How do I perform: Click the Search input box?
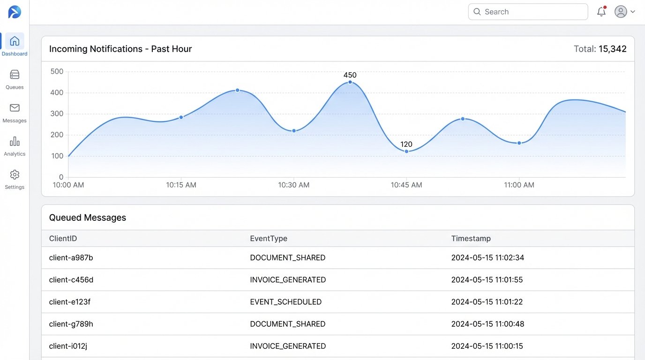528,12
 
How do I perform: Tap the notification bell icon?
601,12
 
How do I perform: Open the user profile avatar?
621,12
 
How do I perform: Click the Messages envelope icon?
15,108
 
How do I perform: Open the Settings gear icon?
15,175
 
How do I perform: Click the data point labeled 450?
350,82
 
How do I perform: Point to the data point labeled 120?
406,151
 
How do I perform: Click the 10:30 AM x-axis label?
294,185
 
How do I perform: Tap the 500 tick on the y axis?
57,72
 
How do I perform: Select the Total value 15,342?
613,49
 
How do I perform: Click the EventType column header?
269,239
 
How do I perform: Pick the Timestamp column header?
471,239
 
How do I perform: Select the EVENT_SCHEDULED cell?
285,302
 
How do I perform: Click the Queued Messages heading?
88,217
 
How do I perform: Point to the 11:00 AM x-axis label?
519,185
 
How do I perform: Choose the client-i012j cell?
68,346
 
